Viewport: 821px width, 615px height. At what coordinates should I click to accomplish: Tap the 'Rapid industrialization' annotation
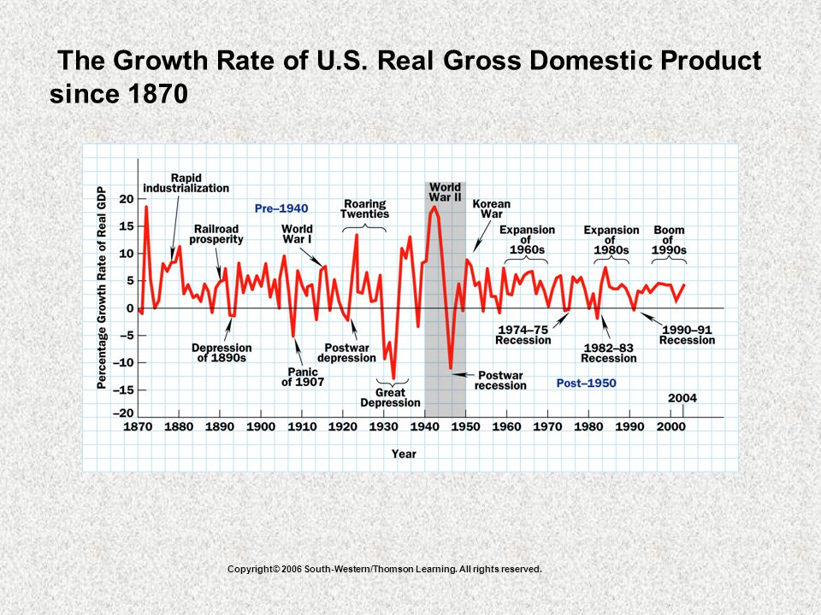tap(186, 183)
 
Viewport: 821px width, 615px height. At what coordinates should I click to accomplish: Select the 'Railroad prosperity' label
tap(216, 234)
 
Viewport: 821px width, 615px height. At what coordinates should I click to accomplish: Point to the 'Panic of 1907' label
tap(303, 377)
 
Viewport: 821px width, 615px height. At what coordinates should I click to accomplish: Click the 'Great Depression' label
tap(391, 398)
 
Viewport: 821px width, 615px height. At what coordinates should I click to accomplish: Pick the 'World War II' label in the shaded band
tap(445, 192)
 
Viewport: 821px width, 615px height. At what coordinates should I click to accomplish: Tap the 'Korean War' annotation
tap(491, 208)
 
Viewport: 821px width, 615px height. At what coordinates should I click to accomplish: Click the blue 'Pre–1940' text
tap(281, 208)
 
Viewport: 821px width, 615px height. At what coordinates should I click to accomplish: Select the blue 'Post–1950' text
tap(587, 384)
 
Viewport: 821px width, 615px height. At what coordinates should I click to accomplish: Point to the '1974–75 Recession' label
tap(523, 335)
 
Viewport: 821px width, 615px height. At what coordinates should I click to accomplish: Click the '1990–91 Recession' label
tap(687, 335)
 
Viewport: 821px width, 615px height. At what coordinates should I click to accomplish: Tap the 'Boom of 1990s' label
tap(669, 240)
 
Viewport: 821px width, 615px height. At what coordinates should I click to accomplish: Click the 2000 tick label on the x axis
tap(670, 427)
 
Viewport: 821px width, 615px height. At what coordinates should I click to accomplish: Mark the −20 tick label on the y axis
tap(123, 413)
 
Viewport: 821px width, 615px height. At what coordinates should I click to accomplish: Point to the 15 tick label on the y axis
tap(127, 226)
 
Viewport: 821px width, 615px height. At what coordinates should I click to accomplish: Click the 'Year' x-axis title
tap(404, 454)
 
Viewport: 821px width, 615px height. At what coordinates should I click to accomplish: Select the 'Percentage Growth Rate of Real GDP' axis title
tap(102, 288)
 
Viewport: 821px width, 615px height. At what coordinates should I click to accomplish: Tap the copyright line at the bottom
tap(385, 569)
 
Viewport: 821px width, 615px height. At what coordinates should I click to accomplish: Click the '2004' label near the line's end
tap(682, 399)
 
